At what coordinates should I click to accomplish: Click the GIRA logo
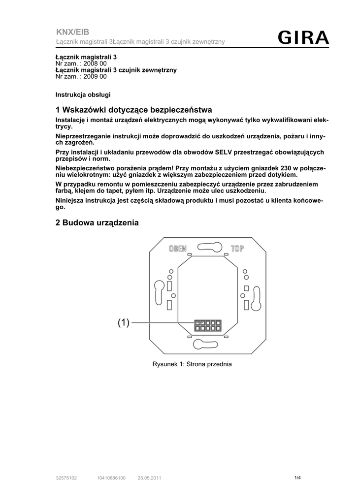pos(303,38)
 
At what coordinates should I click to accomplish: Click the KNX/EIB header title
pos(72,32)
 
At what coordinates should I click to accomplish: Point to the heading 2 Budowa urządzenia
pos(98,223)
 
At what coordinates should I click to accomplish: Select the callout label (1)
pos(123,323)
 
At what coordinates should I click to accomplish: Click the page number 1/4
pos(297,477)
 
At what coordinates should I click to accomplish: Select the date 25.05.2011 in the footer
pos(149,478)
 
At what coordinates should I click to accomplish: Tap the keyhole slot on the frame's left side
pos(160,294)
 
